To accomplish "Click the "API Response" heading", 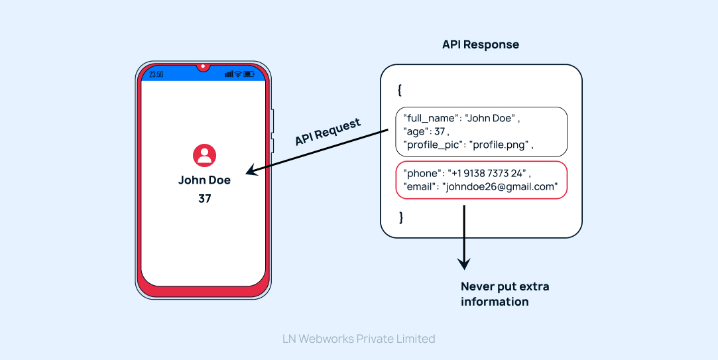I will (x=480, y=45).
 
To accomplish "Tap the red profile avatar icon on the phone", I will (x=204, y=155).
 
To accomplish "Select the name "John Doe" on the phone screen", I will (x=204, y=180).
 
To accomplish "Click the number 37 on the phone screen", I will (x=204, y=198).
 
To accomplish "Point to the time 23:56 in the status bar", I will (x=156, y=74).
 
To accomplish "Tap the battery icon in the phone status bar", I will (x=249, y=74).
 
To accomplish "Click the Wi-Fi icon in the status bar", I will (x=237, y=74).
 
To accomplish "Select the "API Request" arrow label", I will (x=328, y=132).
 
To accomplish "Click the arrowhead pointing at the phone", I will (x=251, y=172).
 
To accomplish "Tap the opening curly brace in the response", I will (x=399, y=90).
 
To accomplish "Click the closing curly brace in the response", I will (x=400, y=217).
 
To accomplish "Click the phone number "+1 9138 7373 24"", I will (x=487, y=174).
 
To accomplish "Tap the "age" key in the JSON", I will (x=414, y=131).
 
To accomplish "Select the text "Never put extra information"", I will (x=505, y=294).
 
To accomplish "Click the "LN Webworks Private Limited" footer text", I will (x=359, y=339).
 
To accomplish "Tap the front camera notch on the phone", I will (x=203, y=67).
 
